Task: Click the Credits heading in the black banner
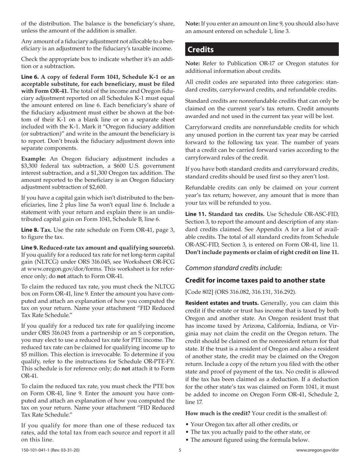[x=201, y=50]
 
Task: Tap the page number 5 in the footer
[x=180, y=450]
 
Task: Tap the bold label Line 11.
[x=196, y=214]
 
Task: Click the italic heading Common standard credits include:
[x=233, y=267]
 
